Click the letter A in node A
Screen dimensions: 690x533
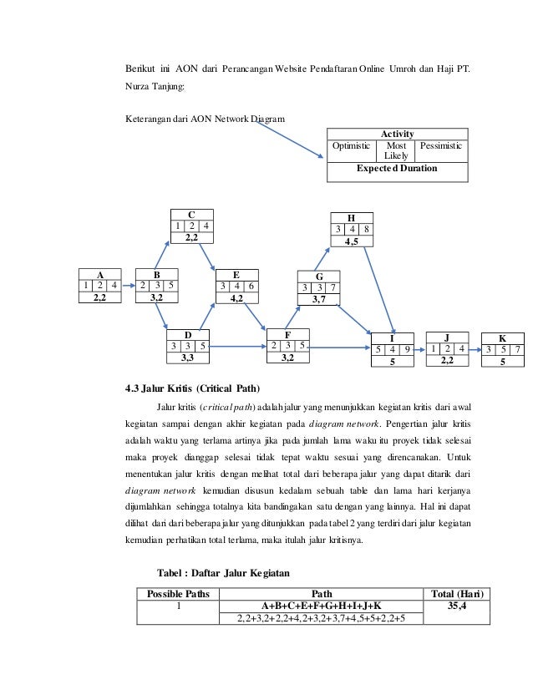(100, 274)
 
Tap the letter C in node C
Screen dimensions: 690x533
(191, 214)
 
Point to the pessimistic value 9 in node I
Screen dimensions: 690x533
(405, 350)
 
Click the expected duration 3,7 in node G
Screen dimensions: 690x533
(318, 300)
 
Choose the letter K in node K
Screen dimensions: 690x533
(502, 338)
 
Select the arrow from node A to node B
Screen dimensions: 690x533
(129, 285)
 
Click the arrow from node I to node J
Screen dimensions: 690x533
(420, 349)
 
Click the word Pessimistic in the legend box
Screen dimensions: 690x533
(440, 146)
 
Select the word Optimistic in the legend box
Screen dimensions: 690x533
(351, 146)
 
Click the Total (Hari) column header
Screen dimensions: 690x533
(456, 594)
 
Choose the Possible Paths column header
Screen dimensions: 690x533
(178, 594)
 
